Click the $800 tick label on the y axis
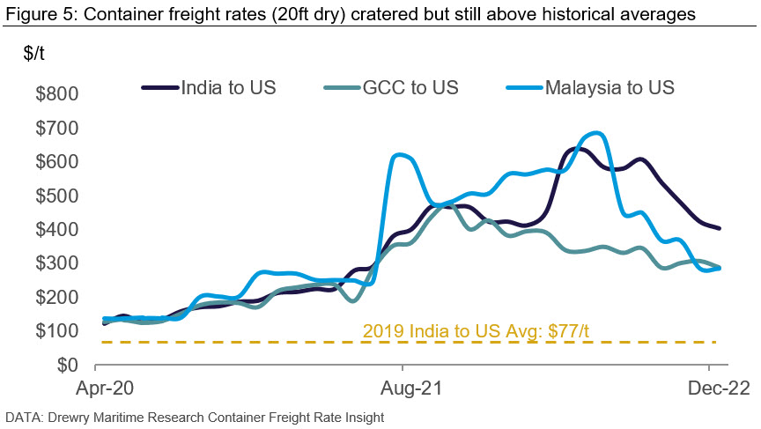pyautogui.click(x=55, y=94)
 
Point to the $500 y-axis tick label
pyautogui.click(x=55, y=196)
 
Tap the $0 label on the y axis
pyautogui.click(x=67, y=365)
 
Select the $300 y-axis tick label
pyautogui.click(x=55, y=263)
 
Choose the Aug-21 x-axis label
pyautogui.click(x=403, y=388)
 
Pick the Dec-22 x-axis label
pyautogui.click(x=709, y=388)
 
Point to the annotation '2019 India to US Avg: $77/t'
pyautogui.click(x=476, y=331)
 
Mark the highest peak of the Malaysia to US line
pyautogui.click(x=598, y=133)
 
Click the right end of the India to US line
pyautogui.click(x=720, y=228)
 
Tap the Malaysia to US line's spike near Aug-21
pyautogui.click(x=401, y=155)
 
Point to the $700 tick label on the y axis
pyautogui.click(x=55, y=129)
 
